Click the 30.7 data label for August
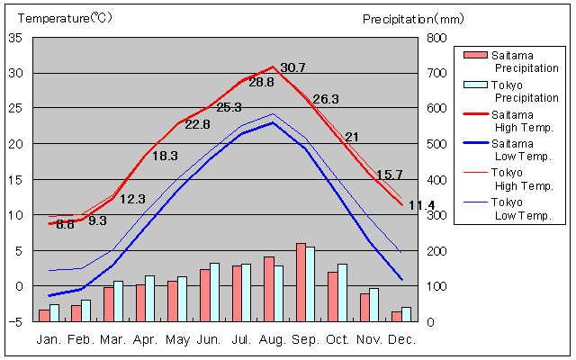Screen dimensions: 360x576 tap(293, 67)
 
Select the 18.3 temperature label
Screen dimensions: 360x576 tap(165, 156)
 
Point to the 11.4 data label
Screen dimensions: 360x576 tap(421, 206)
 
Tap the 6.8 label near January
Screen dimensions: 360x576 tap(65, 224)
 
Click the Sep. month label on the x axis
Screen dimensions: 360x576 tap(306, 339)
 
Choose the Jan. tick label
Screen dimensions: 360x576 tap(49, 339)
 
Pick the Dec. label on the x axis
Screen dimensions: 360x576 tap(401, 339)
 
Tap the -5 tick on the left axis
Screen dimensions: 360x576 tap(15, 321)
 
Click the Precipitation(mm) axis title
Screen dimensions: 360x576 tap(413, 18)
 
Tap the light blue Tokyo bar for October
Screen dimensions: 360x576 tap(342, 292)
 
